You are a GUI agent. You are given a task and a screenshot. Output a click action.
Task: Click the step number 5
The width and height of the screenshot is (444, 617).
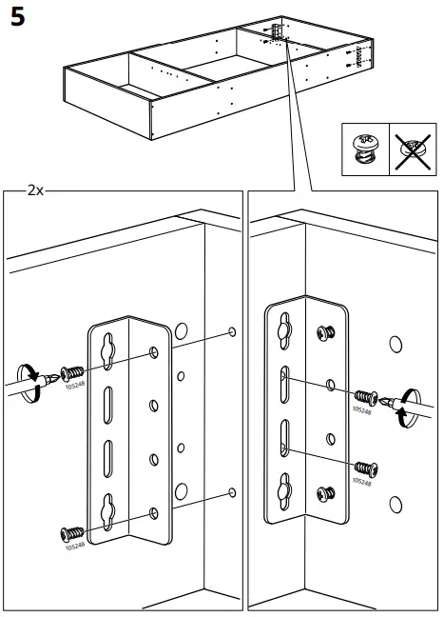click(18, 19)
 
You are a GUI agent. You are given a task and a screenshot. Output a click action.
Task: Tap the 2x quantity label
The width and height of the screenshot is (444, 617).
click(35, 189)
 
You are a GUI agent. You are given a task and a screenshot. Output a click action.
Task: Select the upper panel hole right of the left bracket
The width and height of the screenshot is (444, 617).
click(231, 332)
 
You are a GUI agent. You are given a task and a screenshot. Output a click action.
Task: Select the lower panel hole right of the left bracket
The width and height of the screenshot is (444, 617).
click(231, 492)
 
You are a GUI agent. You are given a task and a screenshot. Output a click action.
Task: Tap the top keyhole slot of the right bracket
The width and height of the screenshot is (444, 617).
click(282, 328)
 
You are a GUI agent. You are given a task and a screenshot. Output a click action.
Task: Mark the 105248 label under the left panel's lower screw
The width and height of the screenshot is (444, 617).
click(74, 547)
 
